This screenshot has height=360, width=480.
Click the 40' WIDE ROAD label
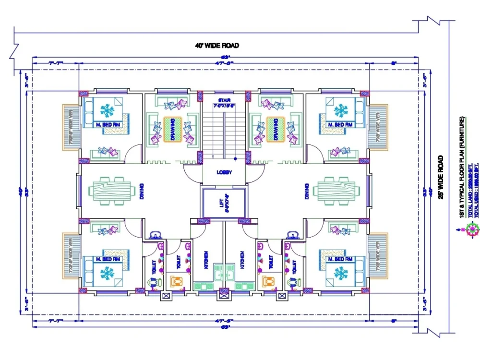pyautogui.click(x=216, y=46)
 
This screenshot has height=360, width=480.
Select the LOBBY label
pyautogui.click(x=224, y=172)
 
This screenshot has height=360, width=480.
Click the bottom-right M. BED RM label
pyautogui.click(x=340, y=259)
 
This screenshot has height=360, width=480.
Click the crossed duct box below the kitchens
pyautogui.click(x=223, y=296)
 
